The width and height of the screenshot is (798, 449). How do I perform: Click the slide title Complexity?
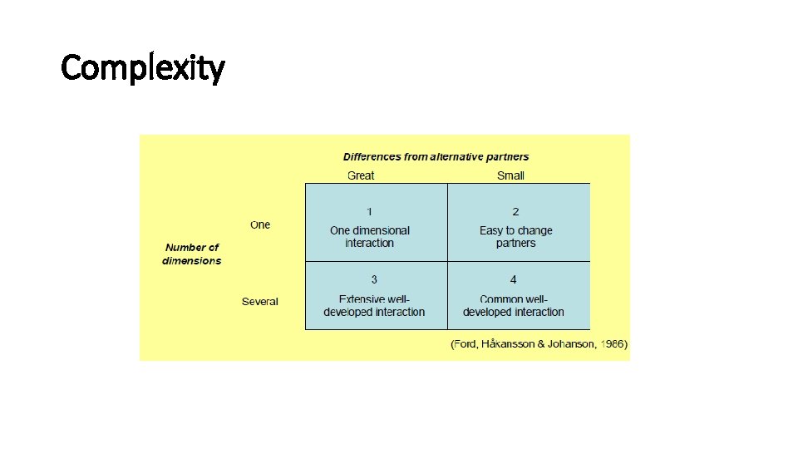(x=142, y=67)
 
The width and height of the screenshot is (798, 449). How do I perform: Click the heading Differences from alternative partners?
(x=436, y=156)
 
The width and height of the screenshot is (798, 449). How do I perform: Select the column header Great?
(x=361, y=175)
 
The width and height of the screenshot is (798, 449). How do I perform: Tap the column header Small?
(x=510, y=175)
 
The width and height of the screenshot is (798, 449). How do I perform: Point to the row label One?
(x=260, y=224)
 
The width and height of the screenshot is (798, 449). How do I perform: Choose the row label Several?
(x=260, y=301)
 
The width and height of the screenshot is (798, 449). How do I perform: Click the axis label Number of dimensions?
(x=192, y=254)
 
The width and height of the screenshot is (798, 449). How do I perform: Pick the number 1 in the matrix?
(x=370, y=211)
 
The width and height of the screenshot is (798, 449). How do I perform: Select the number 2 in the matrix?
(x=515, y=211)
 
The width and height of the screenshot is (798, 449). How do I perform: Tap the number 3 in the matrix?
(x=374, y=280)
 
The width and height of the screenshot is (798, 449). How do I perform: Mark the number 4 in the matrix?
(x=514, y=280)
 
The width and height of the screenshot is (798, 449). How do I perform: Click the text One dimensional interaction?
(x=370, y=237)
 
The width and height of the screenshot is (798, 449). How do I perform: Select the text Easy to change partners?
(x=515, y=237)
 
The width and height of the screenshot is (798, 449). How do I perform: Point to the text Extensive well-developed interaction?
(x=374, y=306)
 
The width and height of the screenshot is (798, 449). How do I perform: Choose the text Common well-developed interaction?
(x=514, y=306)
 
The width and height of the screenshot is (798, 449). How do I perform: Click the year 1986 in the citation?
(x=613, y=344)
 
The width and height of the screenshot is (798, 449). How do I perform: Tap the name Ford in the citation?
(x=466, y=344)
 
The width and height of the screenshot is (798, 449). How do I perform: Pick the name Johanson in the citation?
(x=570, y=344)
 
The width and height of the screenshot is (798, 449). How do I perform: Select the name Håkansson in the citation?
(x=507, y=344)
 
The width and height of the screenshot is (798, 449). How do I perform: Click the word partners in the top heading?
(x=507, y=156)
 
